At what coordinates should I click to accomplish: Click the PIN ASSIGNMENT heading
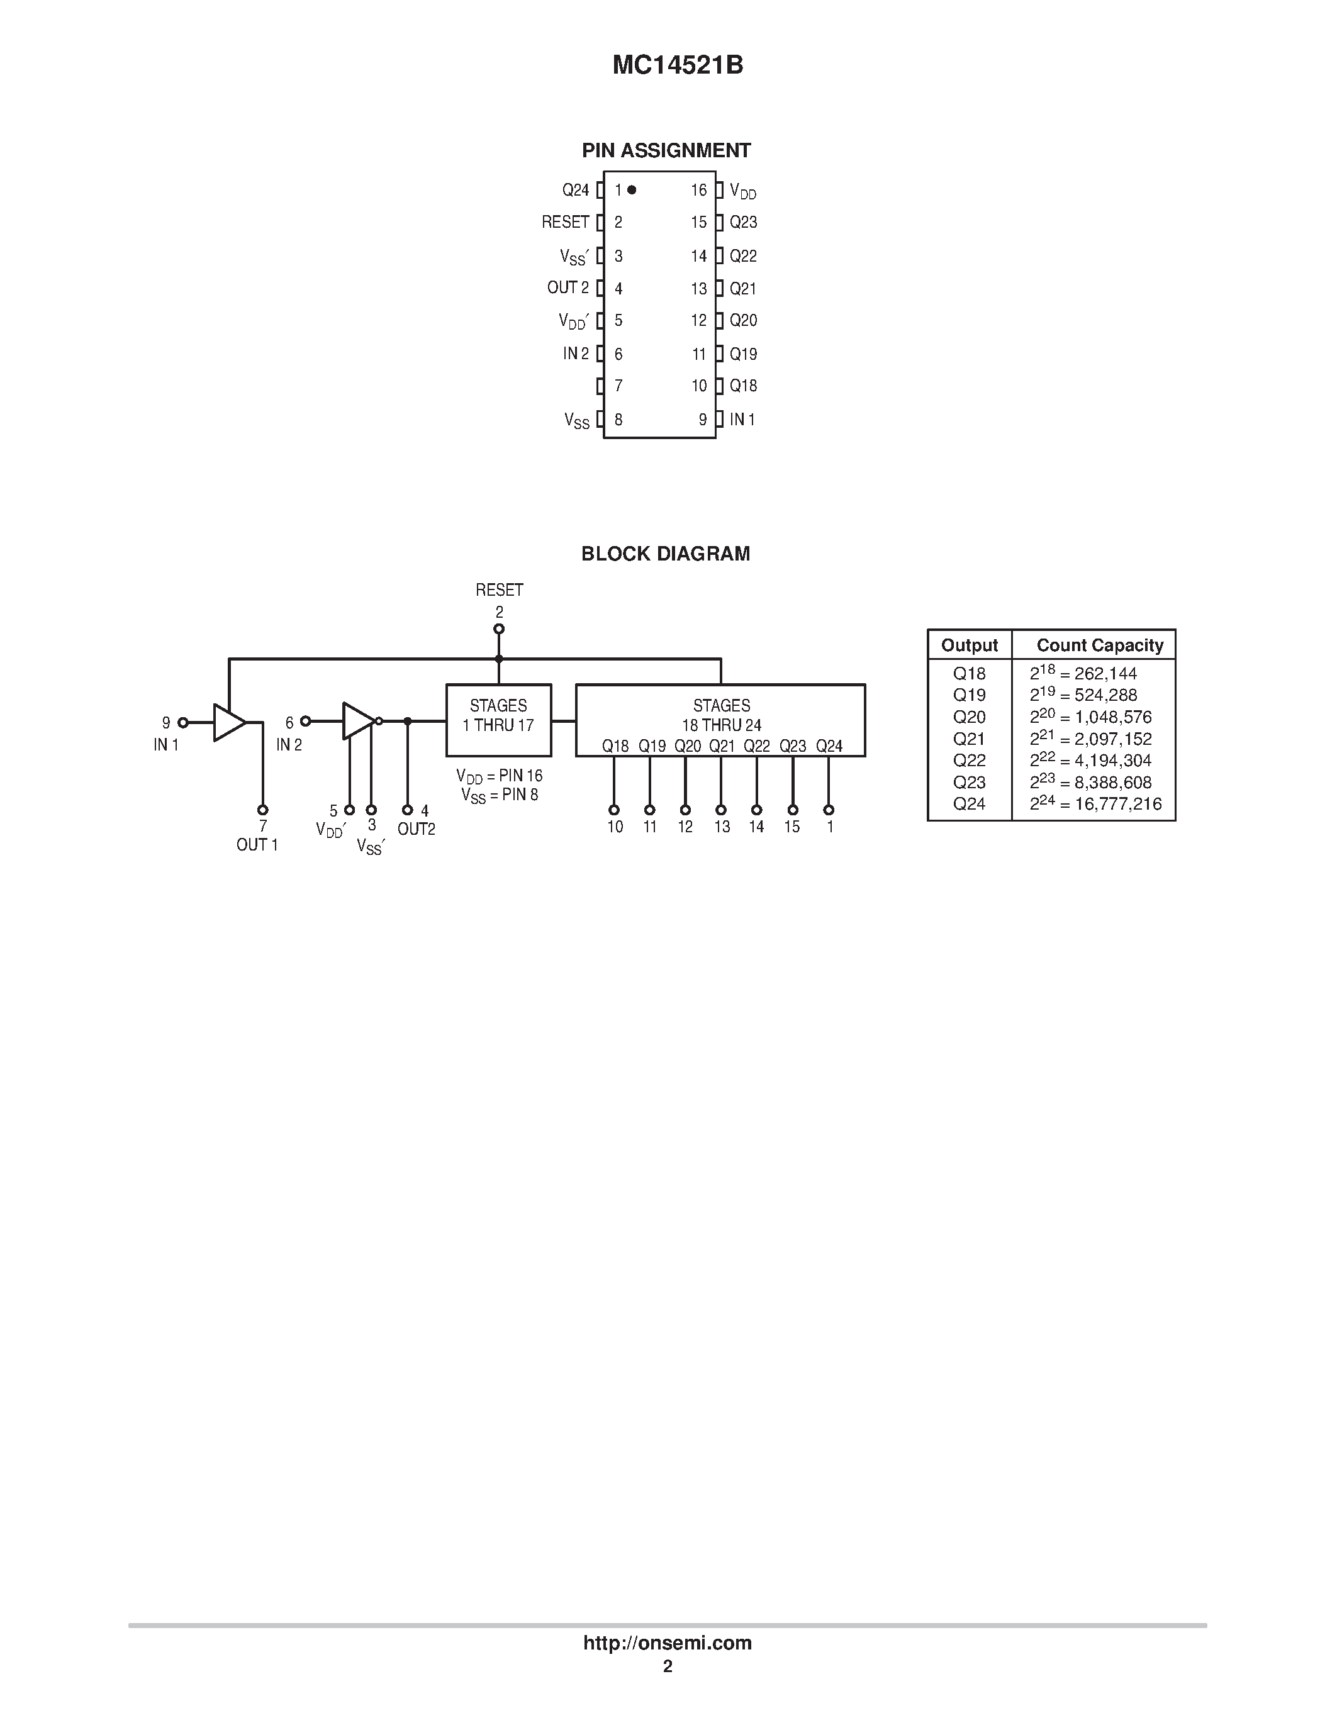[666, 150]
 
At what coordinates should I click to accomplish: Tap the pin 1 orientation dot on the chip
[631, 190]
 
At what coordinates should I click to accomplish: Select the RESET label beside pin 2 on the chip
[565, 223]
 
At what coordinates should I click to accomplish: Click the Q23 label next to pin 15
[743, 223]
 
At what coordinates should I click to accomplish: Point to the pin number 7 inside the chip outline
[618, 386]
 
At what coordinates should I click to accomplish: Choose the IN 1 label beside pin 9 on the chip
[742, 420]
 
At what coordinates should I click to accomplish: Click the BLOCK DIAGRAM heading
[665, 554]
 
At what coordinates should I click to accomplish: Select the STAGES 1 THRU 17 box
[498, 720]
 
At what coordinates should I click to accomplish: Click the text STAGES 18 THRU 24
[721, 715]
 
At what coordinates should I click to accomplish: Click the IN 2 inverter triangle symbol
[358, 721]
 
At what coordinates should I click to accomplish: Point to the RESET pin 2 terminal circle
[499, 629]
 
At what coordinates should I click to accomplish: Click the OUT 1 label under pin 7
[257, 845]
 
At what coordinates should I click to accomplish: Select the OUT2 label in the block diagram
[416, 829]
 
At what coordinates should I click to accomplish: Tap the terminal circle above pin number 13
[721, 810]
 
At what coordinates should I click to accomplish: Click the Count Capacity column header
[1099, 645]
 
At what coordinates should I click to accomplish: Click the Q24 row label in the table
[969, 804]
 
